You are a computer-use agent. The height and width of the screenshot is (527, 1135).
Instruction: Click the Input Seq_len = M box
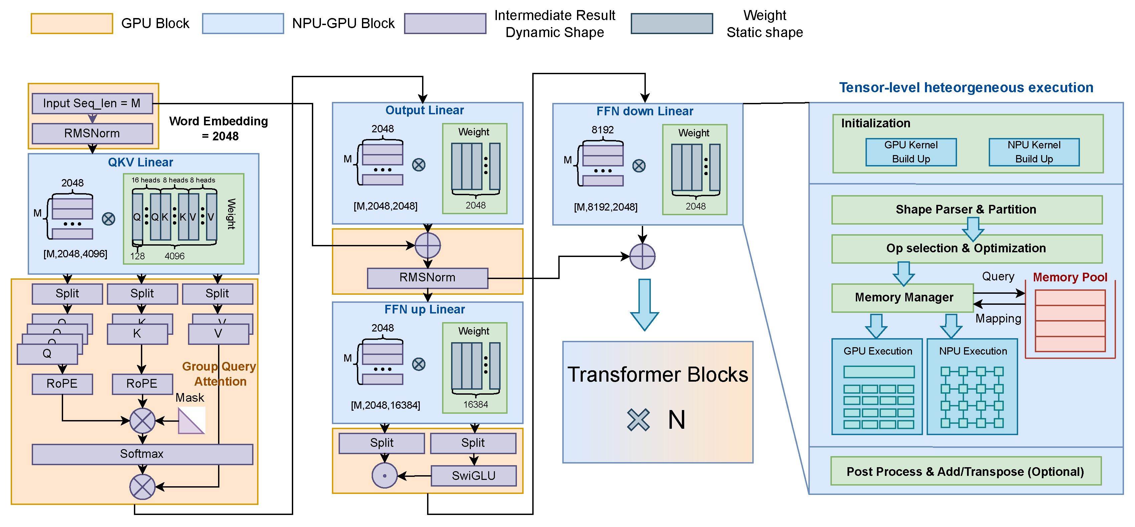coord(92,103)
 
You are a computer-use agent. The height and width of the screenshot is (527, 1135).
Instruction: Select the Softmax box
coord(142,454)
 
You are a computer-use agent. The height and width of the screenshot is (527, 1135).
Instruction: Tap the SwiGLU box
coord(474,476)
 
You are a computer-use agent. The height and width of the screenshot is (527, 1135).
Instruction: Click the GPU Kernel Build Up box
coord(911,152)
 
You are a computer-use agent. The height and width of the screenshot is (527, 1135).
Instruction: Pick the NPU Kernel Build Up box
coord(1034,152)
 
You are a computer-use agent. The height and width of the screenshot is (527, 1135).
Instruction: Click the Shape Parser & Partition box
coord(966,210)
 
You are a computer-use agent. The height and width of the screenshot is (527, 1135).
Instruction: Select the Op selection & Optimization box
coord(966,248)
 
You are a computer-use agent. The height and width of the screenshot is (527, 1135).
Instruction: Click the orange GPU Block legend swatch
coord(71,23)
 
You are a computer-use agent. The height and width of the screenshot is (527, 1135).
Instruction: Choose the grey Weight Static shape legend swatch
coord(672,23)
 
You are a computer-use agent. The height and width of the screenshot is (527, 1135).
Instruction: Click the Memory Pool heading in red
coord(1070,277)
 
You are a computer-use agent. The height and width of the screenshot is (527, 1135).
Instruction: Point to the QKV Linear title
coord(141,162)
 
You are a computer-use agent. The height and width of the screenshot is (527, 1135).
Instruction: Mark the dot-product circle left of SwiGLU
coord(385,476)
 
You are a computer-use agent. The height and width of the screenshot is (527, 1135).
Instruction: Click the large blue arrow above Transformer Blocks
coord(644,305)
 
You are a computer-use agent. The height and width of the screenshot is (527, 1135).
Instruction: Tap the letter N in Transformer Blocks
coord(676,419)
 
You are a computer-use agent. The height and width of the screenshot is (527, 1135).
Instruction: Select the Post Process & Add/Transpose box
coord(965,472)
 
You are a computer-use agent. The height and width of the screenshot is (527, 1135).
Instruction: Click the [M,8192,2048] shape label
coord(605,207)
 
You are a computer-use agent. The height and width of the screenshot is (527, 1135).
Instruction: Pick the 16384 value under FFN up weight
coord(476,404)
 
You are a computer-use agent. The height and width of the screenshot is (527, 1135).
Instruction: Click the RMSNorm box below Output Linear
coord(427,278)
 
